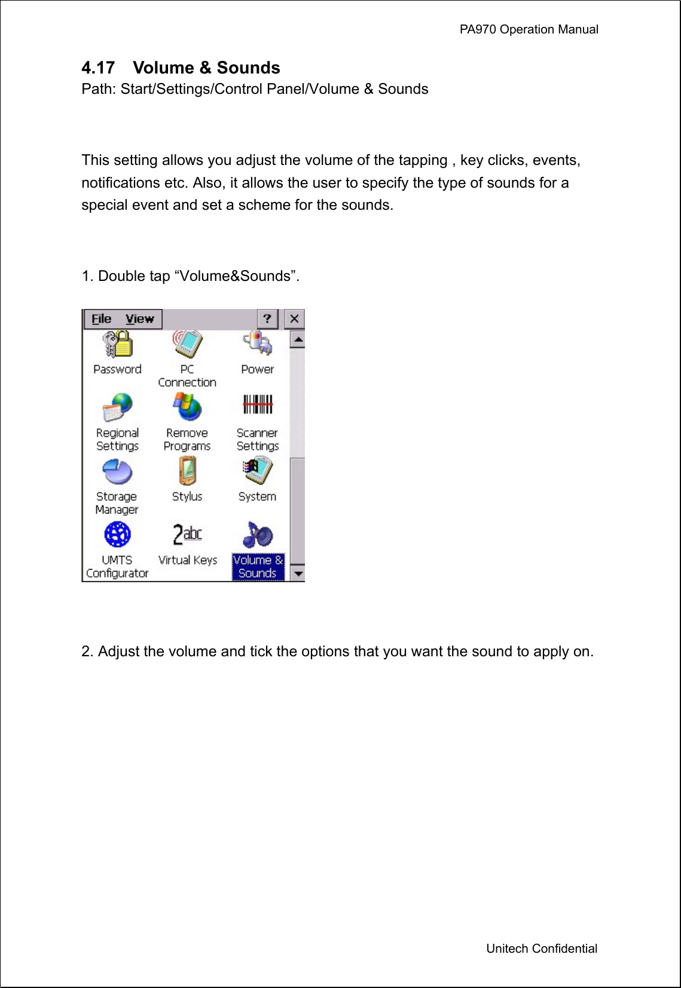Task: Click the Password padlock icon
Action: [x=117, y=345]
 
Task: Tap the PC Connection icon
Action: [x=187, y=345]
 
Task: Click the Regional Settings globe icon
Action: [x=117, y=408]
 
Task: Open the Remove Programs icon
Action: [x=187, y=408]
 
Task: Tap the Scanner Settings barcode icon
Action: [x=257, y=405]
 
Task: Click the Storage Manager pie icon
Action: [x=117, y=472]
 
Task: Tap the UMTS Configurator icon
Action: [x=117, y=535]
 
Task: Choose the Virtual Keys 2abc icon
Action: [x=187, y=534]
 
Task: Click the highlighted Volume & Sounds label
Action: [x=258, y=567]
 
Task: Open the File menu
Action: [x=102, y=319]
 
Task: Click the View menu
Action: [x=139, y=319]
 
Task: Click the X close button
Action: [x=294, y=319]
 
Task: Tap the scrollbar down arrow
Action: [x=297, y=574]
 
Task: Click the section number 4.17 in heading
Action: [x=98, y=68]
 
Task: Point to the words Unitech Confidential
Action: [x=541, y=949]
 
